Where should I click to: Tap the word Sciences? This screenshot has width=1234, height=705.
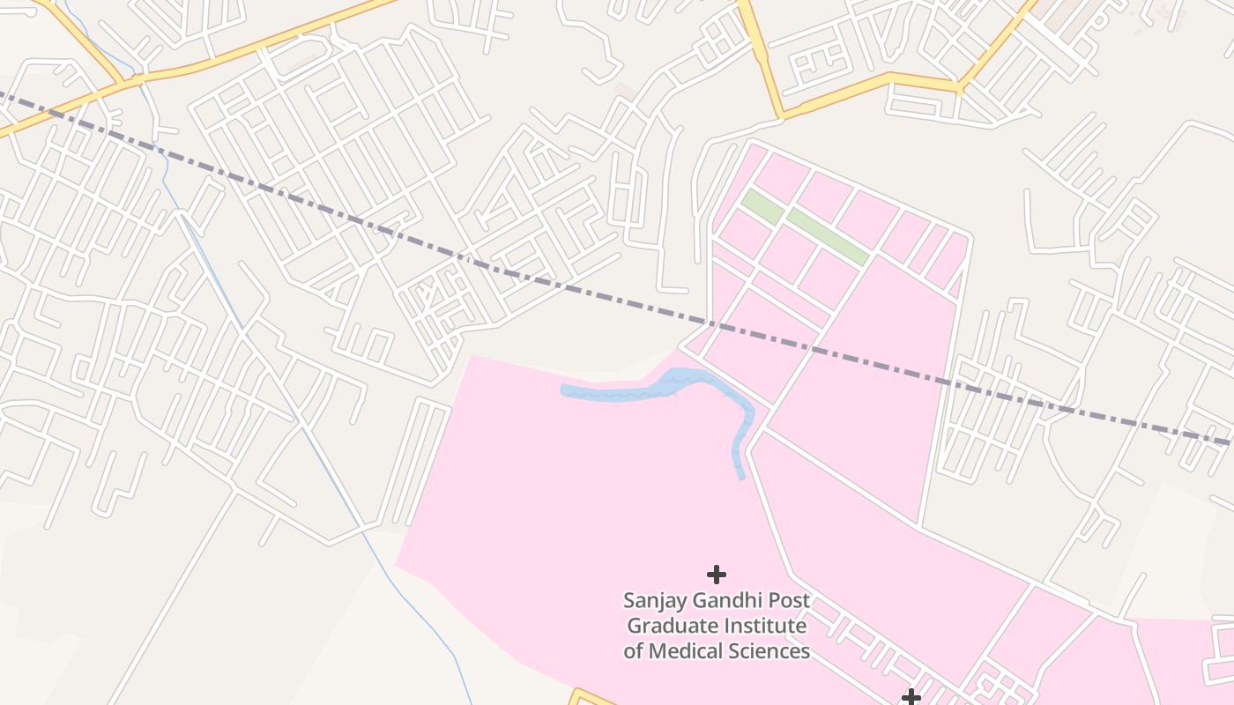(774, 651)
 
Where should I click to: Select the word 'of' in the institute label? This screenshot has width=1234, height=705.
(634, 651)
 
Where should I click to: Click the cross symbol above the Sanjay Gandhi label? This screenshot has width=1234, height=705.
(717, 575)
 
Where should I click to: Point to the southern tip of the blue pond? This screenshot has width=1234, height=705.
(741, 476)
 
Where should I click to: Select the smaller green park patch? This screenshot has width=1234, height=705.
(762, 206)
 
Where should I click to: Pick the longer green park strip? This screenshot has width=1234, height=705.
(828, 235)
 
